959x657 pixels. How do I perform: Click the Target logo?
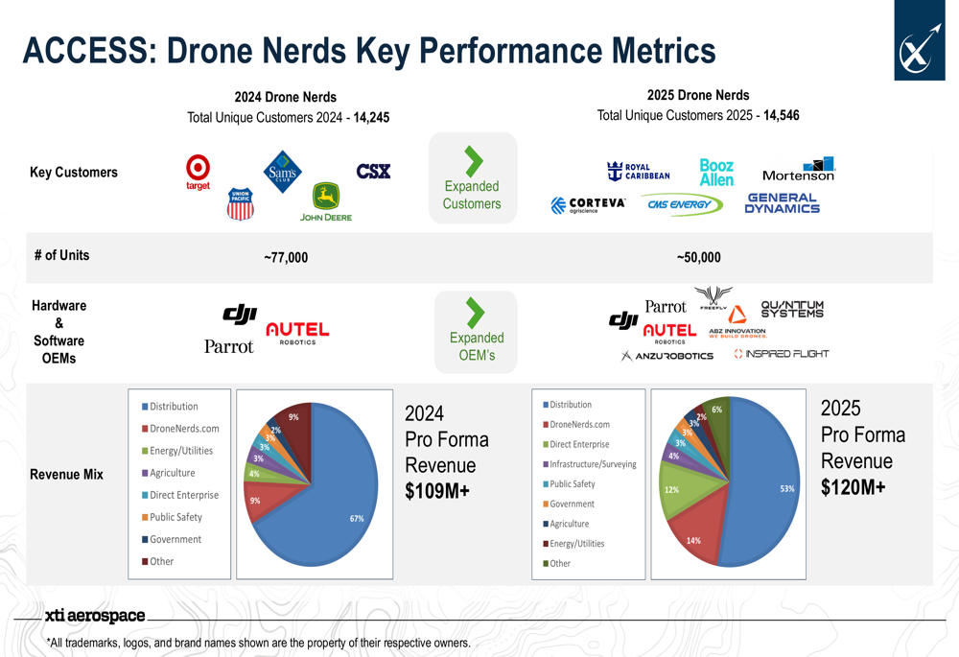pos(198,172)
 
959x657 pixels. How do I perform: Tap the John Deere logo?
pos(326,202)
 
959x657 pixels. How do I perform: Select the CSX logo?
pos(373,172)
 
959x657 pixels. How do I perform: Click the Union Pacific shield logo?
pos(241,203)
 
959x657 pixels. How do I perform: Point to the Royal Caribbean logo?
pos(639,172)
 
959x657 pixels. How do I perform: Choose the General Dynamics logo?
pos(782,203)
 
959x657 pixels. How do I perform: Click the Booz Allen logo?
pos(716,173)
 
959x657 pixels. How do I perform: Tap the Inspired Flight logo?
pos(781,354)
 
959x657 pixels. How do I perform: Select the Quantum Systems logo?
pos(792,309)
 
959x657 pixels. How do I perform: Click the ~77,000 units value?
pos(286,257)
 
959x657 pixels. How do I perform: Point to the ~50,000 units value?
pos(698,257)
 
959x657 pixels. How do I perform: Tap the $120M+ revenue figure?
pos(854,487)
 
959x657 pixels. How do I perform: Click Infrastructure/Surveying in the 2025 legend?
pos(593,464)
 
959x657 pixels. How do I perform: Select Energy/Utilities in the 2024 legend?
pos(181,451)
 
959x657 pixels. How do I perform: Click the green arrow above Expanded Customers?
pos(473,161)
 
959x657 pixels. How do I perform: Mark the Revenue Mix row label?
pos(66,474)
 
